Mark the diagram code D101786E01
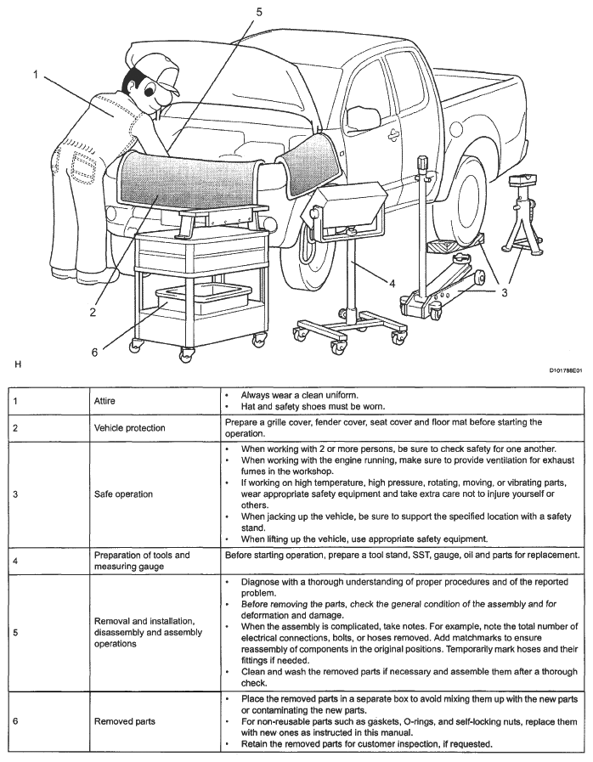564,370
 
